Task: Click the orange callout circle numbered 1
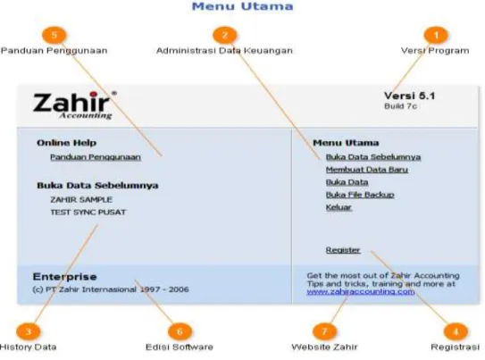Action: pyautogui.click(x=436, y=35)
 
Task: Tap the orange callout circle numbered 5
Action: pyautogui.click(x=54, y=35)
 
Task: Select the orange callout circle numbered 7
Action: pyautogui.click(x=324, y=331)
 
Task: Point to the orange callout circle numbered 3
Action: pyautogui.click(x=29, y=331)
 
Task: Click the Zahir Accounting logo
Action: pyautogui.click(x=74, y=105)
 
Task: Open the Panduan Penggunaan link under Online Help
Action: pyautogui.click(x=96, y=157)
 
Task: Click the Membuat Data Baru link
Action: pyautogui.click(x=367, y=170)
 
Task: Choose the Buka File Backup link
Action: pyautogui.click(x=360, y=195)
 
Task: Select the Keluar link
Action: pyautogui.click(x=339, y=207)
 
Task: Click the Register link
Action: pyautogui.click(x=343, y=250)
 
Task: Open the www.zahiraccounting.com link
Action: pyautogui.click(x=361, y=291)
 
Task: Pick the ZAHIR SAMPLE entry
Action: pyautogui.click(x=81, y=199)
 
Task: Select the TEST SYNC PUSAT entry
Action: pyautogui.click(x=88, y=213)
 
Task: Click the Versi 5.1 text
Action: pyautogui.click(x=410, y=96)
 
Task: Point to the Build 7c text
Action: pyautogui.click(x=400, y=106)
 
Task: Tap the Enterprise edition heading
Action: pyautogui.click(x=64, y=277)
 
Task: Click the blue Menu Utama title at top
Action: pyautogui.click(x=243, y=6)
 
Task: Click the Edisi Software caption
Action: pyautogui.click(x=180, y=347)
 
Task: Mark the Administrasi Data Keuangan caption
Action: pyautogui.click(x=224, y=50)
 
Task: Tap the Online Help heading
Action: pyautogui.click(x=66, y=143)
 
